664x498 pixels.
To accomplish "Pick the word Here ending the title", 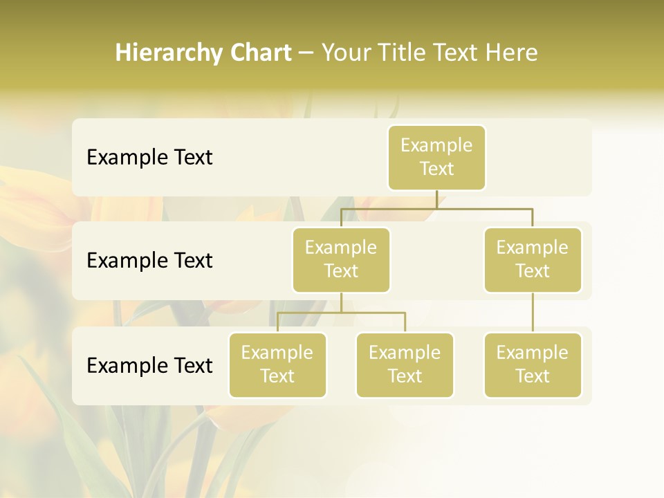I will pos(511,53).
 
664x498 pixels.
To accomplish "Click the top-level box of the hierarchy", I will pos(436,158).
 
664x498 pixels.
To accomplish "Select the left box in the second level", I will pos(341,260).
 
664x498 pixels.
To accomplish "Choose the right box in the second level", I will pos(533,260).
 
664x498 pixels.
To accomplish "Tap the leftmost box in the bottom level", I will pos(277,365).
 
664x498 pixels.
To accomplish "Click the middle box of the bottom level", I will pos(405,365).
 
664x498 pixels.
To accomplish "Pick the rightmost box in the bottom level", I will pos(533,365).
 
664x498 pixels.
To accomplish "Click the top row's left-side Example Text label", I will pos(149,158).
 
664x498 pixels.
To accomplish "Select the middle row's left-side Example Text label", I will pos(149,261).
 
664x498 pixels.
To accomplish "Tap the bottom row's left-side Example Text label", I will pos(149,365).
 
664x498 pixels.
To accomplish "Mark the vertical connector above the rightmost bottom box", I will pos(533,313).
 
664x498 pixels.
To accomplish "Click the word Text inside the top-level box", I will pos(436,169).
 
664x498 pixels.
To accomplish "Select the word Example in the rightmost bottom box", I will pos(533,353).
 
